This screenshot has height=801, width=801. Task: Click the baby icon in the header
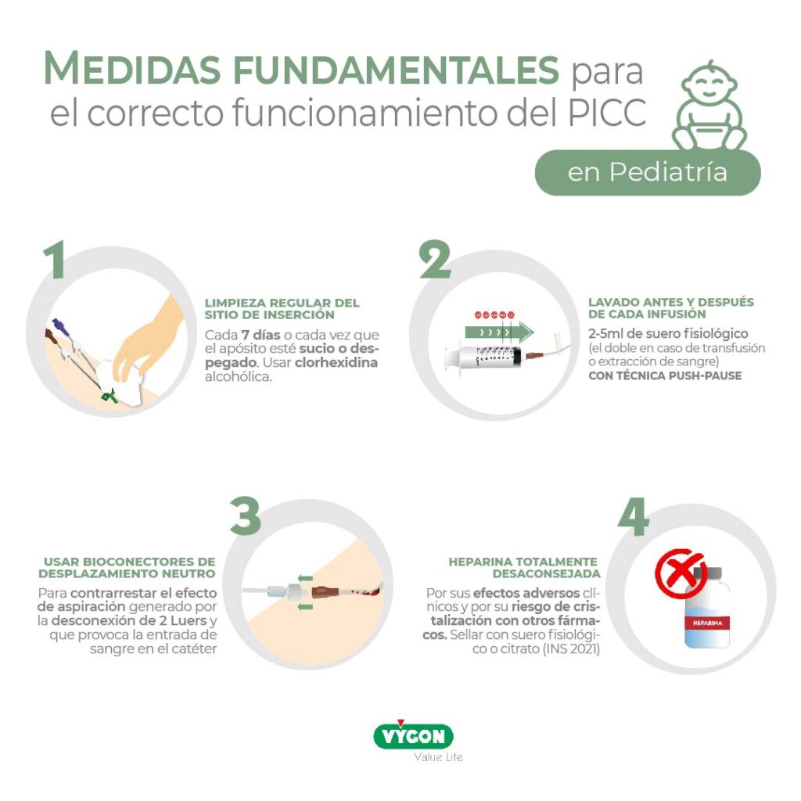tap(709, 106)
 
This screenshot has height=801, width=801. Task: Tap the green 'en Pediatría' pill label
tap(648, 173)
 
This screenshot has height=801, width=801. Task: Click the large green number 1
tap(54, 260)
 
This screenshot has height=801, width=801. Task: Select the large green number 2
tap(435, 260)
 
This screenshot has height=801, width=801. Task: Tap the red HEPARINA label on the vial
tap(707, 623)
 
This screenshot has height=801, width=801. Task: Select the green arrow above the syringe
tap(499, 332)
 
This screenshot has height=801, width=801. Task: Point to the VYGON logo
tap(413, 735)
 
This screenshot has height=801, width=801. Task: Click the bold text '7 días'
tap(260, 335)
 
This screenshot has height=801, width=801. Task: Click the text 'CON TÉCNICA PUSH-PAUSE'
tap(665, 376)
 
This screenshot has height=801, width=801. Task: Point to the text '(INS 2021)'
tap(571, 649)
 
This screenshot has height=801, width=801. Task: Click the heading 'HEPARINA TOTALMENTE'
tap(523, 562)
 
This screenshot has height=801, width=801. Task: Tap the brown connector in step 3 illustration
tap(325, 593)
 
